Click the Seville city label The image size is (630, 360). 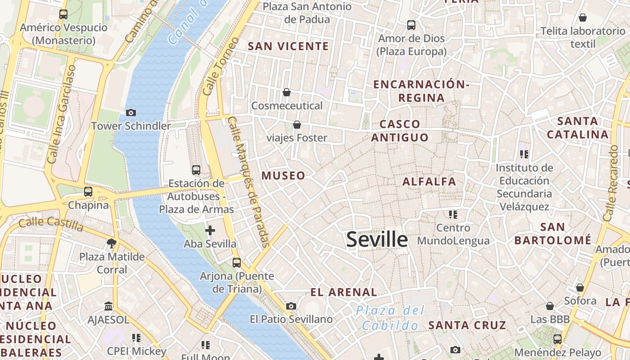click(377, 239)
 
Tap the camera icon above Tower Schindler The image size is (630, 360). click(131, 112)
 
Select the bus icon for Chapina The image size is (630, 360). click(88, 191)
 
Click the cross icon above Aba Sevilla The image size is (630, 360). click(210, 230)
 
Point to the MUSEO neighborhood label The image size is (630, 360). click(283, 175)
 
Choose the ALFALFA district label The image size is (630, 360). click(429, 182)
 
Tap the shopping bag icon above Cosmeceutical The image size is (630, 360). click(286, 92)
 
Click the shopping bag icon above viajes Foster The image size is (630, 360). click(297, 124)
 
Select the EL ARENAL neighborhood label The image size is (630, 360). click(344, 292)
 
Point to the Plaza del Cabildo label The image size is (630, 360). click(390, 318)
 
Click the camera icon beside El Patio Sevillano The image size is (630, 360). click(291, 306)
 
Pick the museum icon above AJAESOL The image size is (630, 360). click(108, 306)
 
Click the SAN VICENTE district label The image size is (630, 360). click(288, 46)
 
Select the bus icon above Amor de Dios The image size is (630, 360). click(411, 25)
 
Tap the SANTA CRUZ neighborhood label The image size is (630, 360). click(467, 325)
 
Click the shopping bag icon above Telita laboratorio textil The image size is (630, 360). click(583, 18)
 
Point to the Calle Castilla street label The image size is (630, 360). click(51, 223)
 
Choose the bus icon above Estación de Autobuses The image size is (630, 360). click(196, 170)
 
